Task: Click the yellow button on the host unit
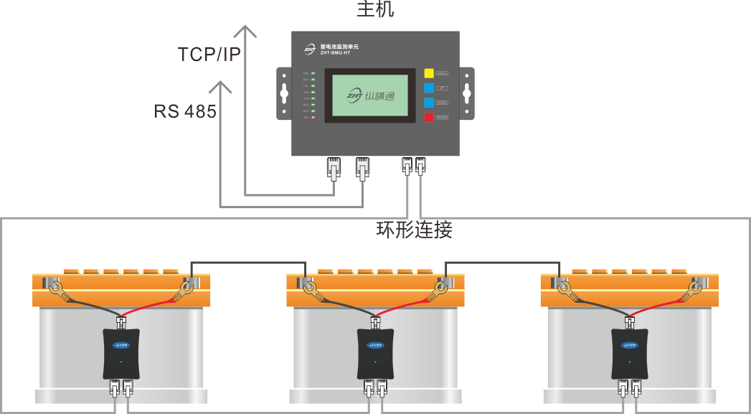(428, 73)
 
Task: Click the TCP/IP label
(209, 54)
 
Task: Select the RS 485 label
(184, 111)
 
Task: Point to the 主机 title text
(375, 10)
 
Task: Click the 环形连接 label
(415, 230)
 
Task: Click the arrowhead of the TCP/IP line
(246, 30)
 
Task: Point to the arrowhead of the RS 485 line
(220, 87)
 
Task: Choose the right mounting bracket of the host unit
(466, 93)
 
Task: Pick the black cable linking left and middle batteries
(248, 261)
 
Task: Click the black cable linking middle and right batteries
(502, 261)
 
